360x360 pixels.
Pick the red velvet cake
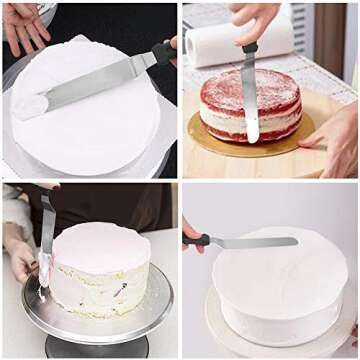point(250,105)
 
